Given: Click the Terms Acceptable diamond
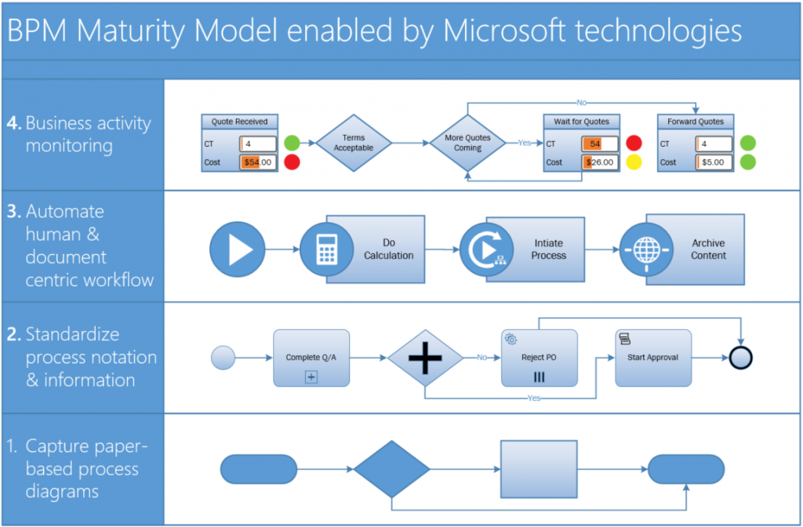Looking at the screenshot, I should coord(354,143).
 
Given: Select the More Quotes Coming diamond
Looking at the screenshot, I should coord(467,143).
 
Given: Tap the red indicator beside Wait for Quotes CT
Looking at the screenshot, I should coord(633,144).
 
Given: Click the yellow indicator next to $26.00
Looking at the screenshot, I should coord(633,162).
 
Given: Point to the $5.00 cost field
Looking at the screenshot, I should coord(714,162).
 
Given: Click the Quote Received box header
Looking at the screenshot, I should coord(239,122).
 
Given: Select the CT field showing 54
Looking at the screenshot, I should coord(600,144).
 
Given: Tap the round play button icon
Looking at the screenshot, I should coord(238,250).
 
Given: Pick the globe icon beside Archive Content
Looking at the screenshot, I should coord(646,250).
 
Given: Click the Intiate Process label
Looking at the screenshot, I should coord(548,249).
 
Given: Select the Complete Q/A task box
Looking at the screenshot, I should coord(311,358).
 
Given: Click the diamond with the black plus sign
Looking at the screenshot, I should coord(426,358).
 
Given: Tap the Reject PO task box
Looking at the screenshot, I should coord(539,358).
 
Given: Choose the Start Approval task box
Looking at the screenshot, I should coord(653,358).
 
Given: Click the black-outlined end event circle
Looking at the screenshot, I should coord(740,358).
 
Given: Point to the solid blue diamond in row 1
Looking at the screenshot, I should coord(391,469).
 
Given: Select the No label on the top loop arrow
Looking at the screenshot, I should coord(581,102).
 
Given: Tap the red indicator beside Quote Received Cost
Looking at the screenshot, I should coord(292,162).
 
